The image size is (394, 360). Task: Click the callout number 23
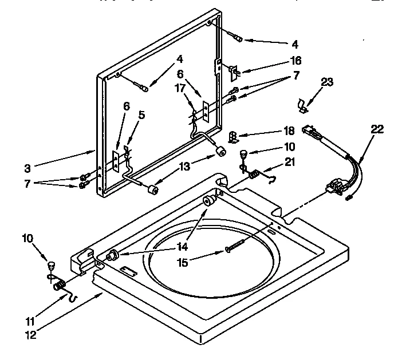click(x=326, y=82)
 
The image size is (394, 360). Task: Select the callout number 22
click(x=376, y=130)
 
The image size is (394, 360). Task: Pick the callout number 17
click(x=180, y=88)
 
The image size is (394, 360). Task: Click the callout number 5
click(x=141, y=115)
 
